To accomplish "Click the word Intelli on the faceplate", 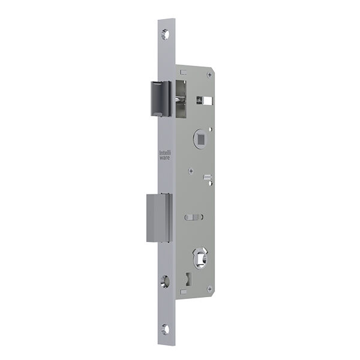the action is (x=165, y=153).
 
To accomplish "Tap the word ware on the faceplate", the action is (x=165, y=158).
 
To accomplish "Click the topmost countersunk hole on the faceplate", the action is (x=165, y=34).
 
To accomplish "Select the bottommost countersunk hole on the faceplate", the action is (x=165, y=329).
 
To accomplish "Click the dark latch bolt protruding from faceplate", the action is (x=161, y=98).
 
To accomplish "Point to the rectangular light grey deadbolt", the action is (x=160, y=218).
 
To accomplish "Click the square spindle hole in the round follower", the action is (x=201, y=139).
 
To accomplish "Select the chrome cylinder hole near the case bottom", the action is (x=200, y=258).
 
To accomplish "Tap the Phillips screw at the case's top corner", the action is (x=209, y=74).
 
